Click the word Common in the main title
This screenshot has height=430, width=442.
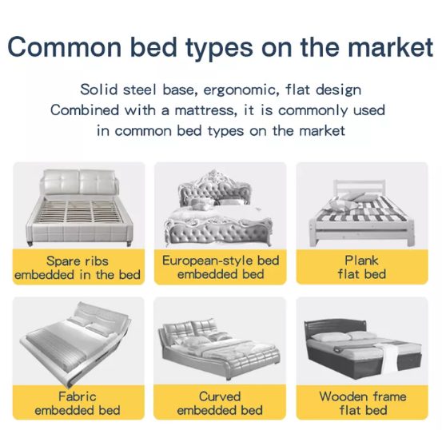coord(60,46)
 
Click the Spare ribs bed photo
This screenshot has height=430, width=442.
coord(78,205)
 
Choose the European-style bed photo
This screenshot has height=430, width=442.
coord(220,205)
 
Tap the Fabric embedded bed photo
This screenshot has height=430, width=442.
coord(78,340)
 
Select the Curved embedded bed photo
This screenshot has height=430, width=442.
coord(220,340)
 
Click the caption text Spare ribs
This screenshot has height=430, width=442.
coord(78,261)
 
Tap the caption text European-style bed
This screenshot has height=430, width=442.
coord(221,261)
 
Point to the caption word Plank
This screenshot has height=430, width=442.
coord(362,261)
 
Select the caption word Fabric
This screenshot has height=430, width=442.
coord(78,396)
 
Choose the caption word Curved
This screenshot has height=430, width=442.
coord(220,396)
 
